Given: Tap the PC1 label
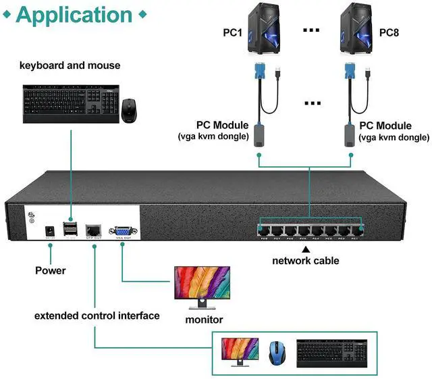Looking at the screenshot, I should [233, 32].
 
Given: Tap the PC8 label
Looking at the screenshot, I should [390, 32].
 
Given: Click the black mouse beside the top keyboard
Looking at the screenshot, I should [130, 110].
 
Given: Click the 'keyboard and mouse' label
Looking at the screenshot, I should [70, 66].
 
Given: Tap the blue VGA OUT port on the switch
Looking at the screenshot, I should [122, 229].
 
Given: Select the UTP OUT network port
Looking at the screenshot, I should [94, 229].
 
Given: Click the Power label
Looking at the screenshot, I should [51, 270].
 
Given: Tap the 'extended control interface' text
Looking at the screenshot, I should [97, 315].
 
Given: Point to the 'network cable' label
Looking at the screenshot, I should [306, 260].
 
